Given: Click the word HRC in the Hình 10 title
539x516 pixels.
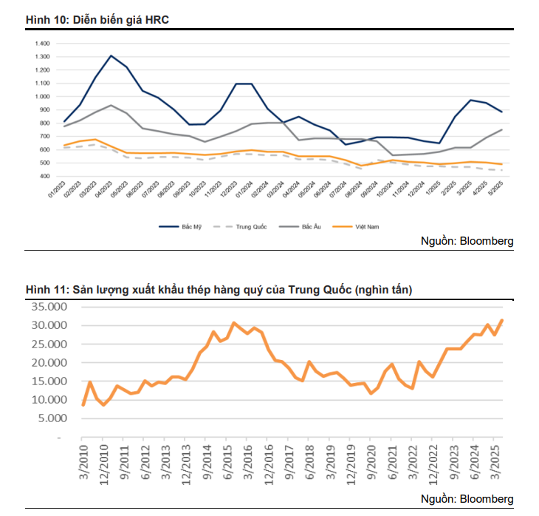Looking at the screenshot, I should (157, 20).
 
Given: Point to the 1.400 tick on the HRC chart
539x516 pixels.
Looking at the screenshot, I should (42, 43).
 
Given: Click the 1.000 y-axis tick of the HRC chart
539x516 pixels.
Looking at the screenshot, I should (42, 96).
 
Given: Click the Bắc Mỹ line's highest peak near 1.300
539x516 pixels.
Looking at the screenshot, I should (111, 55).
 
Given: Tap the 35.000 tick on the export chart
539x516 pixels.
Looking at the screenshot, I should (50, 306).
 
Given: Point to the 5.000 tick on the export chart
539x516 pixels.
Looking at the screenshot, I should (53, 418).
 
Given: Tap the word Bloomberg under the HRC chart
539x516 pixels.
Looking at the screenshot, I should (487, 241).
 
